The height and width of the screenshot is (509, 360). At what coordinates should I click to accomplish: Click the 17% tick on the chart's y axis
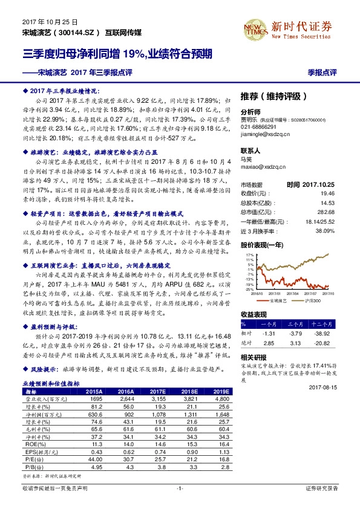coord(249,256)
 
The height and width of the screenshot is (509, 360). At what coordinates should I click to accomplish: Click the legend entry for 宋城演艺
coord(277,300)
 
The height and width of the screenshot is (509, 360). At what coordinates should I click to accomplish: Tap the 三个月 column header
coord(296,324)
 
